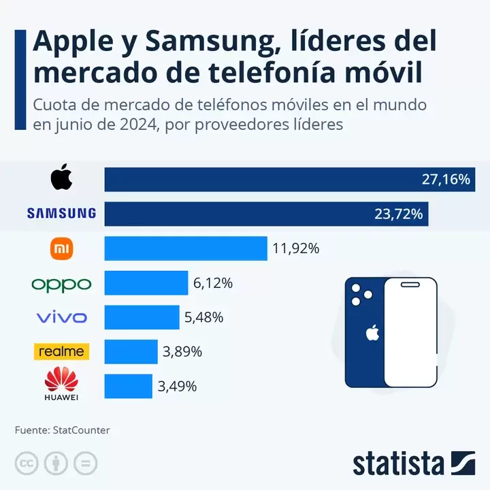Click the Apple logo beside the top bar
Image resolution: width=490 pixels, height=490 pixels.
(x=61, y=178)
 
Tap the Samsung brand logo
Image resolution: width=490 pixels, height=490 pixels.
(x=61, y=214)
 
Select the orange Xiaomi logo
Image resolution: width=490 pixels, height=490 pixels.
(x=61, y=248)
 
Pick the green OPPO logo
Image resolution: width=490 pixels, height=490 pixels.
(x=61, y=283)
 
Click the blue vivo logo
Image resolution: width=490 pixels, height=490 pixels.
(x=61, y=317)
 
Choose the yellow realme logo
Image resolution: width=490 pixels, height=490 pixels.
(x=61, y=351)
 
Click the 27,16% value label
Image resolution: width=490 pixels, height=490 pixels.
(x=446, y=179)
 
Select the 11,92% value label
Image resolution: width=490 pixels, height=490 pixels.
(x=296, y=248)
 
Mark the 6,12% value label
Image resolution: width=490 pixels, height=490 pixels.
(x=213, y=283)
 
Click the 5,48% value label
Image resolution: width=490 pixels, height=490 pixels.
(x=203, y=317)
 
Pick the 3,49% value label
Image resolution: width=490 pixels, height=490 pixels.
(x=177, y=387)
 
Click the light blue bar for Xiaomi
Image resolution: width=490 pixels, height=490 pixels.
(x=185, y=248)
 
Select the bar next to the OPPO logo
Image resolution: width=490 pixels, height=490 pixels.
(x=146, y=283)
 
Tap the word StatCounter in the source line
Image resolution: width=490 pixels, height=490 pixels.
(x=81, y=430)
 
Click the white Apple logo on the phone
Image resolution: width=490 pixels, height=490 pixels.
(x=372, y=333)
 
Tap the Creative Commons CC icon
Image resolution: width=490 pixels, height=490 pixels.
(x=27, y=463)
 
